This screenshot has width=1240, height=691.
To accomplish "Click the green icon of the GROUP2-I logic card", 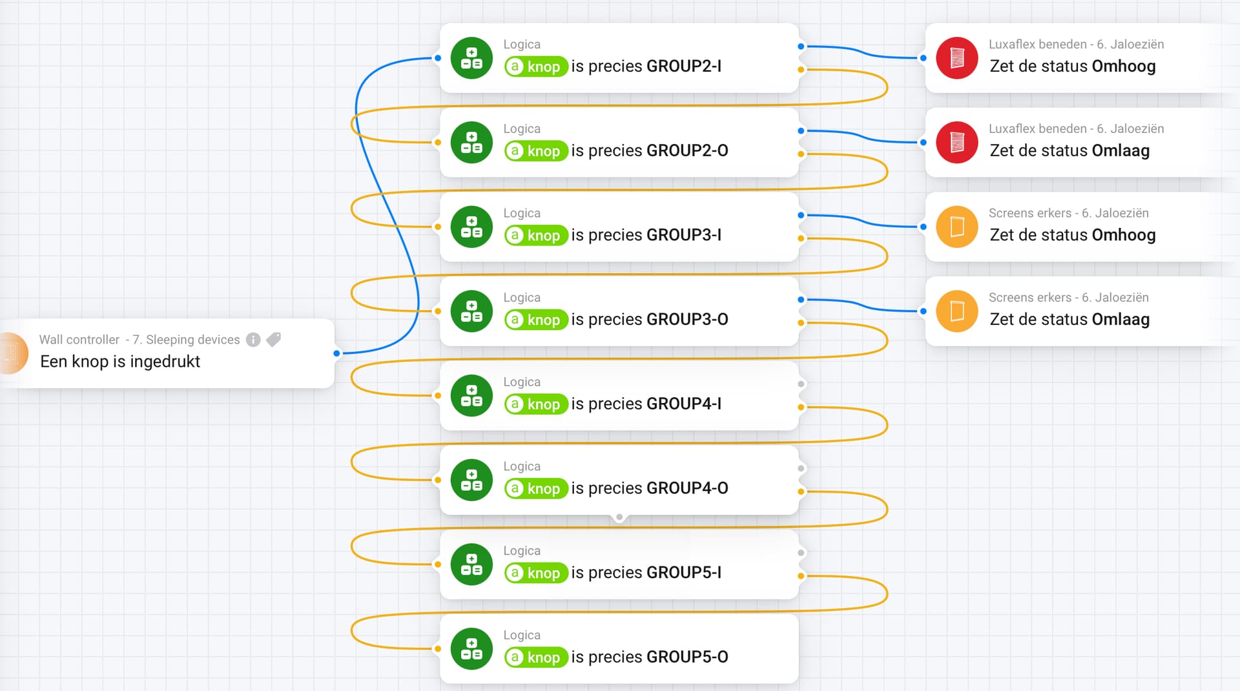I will click(471, 58).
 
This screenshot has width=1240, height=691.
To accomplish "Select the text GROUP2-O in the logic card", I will click(687, 150).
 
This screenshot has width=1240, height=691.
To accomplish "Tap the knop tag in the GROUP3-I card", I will click(536, 235).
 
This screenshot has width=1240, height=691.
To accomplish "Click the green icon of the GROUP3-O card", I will click(471, 311).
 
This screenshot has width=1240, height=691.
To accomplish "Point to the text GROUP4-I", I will click(684, 404).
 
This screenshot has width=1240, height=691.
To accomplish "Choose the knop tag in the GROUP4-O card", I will click(536, 488).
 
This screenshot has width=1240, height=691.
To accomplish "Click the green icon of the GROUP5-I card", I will click(471, 564).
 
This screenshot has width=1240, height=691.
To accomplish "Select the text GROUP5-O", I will click(687, 657).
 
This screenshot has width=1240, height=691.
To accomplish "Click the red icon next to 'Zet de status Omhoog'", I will click(957, 58).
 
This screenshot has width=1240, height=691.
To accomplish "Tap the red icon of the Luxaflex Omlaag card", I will click(957, 143).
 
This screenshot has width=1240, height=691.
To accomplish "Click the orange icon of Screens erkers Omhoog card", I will click(957, 227).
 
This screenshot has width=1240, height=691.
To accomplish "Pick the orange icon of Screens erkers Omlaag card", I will click(957, 311).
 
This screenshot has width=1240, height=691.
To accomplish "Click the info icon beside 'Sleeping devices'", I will click(253, 340).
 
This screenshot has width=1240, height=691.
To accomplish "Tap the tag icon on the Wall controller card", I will click(274, 339).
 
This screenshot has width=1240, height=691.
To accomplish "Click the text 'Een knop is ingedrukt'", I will click(120, 362).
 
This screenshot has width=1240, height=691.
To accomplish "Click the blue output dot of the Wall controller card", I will click(336, 353).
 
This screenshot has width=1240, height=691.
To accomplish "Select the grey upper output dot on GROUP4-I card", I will click(801, 384).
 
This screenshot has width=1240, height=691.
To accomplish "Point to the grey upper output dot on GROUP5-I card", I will click(801, 553).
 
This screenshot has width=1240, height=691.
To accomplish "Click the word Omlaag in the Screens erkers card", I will click(1121, 320).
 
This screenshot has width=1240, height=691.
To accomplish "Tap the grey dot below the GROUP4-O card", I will click(619, 517).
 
